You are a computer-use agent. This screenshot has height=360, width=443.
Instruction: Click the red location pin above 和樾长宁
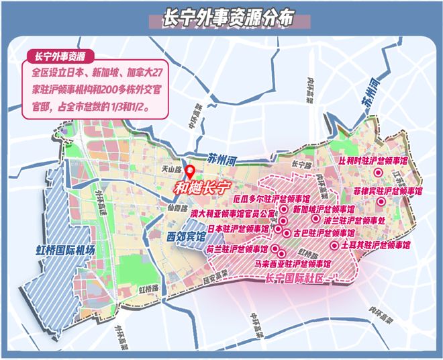click(190, 173)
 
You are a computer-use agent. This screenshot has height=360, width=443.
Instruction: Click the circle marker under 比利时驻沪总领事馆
click(378, 173)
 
